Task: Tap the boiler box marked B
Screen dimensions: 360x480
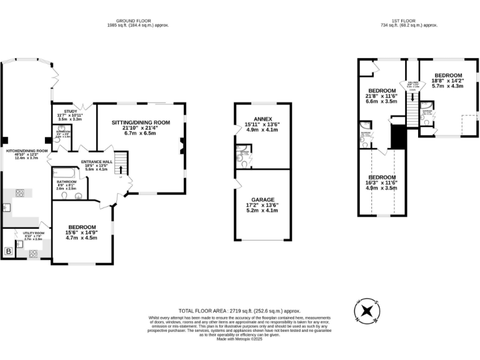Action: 9,252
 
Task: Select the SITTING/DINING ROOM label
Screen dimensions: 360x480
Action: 141,122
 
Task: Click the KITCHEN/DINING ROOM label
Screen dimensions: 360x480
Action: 27,151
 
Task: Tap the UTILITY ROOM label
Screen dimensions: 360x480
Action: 32,232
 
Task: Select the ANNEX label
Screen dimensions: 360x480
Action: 262,118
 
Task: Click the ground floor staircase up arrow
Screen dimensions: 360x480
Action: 121,169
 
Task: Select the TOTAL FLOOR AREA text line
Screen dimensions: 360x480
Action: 239,310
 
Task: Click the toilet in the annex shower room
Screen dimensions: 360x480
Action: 239,158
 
